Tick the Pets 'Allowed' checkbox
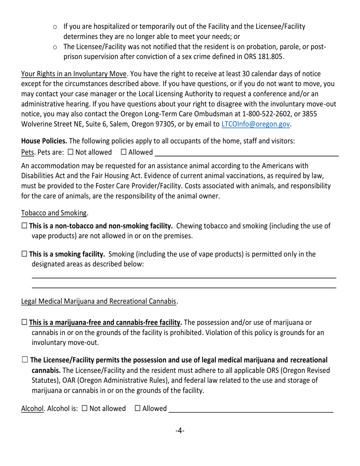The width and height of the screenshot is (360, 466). [x=124, y=152]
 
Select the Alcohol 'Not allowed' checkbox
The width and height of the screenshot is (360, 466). [x=85, y=408]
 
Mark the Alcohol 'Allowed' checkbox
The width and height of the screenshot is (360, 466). [x=138, y=408]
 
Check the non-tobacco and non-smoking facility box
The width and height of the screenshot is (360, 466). [x=24, y=226]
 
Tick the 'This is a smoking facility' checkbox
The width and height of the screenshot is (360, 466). [x=24, y=254]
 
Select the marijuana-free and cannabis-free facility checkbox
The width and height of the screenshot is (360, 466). [x=24, y=323]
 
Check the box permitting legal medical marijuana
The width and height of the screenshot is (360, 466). [x=25, y=360]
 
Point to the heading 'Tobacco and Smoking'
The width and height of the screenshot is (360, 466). [x=54, y=213]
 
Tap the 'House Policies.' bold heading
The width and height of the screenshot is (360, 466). [x=44, y=141]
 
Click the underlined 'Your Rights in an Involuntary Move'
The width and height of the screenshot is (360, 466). [x=74, y=73]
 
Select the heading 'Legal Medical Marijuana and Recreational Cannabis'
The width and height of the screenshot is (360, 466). [x=99, y=302]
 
